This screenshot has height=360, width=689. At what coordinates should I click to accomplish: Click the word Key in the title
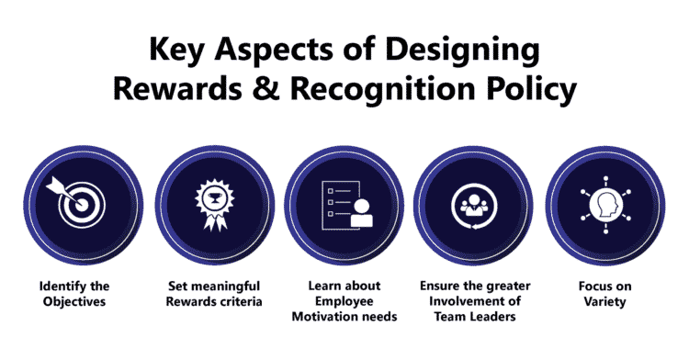[x=176, y=50]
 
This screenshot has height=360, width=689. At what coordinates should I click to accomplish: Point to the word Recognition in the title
[x=383, y=91]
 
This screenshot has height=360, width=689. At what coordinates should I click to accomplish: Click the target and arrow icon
[x=76, y=201]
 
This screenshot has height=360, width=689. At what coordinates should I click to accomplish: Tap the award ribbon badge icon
[x=214, y=205]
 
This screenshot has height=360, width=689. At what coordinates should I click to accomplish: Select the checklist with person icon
[x=347, y=206]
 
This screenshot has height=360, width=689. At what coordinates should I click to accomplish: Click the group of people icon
[x=474, y=206]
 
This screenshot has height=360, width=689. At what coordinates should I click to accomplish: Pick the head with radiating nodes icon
[x=605, y=205]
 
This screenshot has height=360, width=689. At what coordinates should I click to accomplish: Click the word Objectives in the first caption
[x=74, y=302]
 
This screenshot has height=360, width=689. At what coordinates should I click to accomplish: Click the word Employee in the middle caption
[x=344, y=302]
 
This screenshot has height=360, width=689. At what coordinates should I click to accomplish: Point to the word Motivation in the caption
[x=320, y=317]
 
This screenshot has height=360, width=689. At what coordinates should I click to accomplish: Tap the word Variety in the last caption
[x=604, y=302]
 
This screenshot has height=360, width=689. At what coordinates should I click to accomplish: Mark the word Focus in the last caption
[x=593, y=287]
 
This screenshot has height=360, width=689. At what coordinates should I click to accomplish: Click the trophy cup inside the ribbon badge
[x=214, y=199]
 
